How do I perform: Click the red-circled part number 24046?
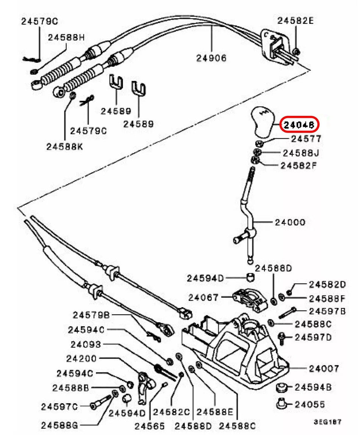click(299, 124)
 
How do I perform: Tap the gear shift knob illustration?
click(263, 122)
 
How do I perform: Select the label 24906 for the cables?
click(211, 58)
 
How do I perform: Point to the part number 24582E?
click(296, 21)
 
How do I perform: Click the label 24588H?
click(66, 37)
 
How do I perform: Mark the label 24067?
click(203, 298)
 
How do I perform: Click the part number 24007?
click(324, 368)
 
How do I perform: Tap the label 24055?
click(310, 405)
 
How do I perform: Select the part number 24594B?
click(313, 387)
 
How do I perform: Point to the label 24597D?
click(313, 337)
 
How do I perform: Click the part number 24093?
click(86, 344)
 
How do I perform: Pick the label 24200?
click(81, 358)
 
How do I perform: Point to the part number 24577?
click(306, 139)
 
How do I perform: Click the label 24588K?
click(64, 146)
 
